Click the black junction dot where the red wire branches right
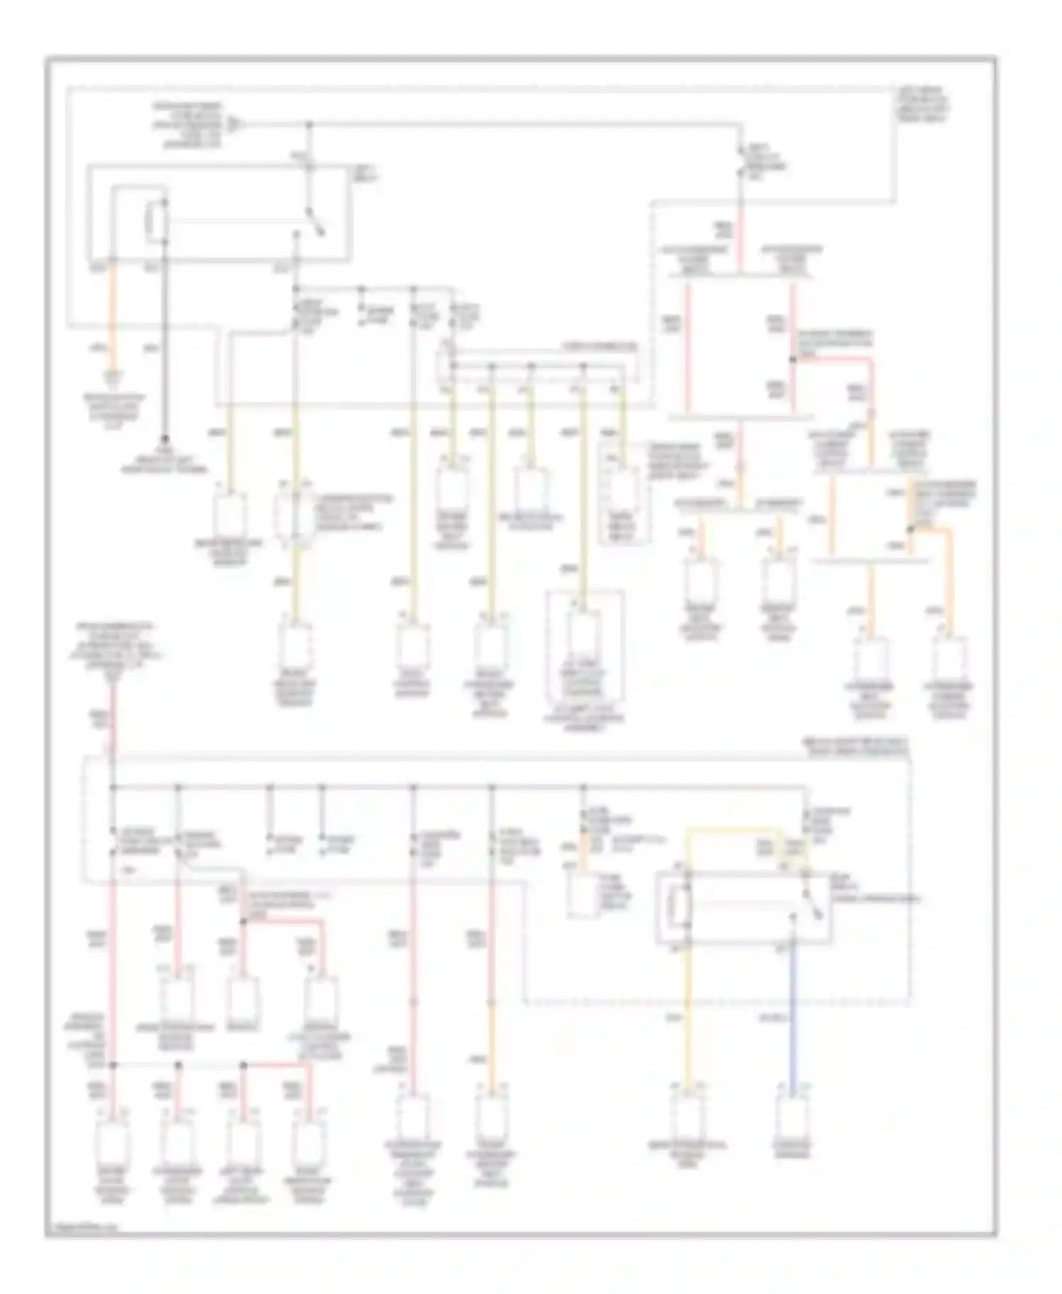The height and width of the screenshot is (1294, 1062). (x=792, y=360)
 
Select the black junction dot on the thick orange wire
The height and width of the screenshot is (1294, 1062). (x=911, y=528)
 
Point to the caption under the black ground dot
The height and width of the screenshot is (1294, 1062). (x=164, y=464)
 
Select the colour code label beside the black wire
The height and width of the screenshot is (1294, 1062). (x=151, y=348)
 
